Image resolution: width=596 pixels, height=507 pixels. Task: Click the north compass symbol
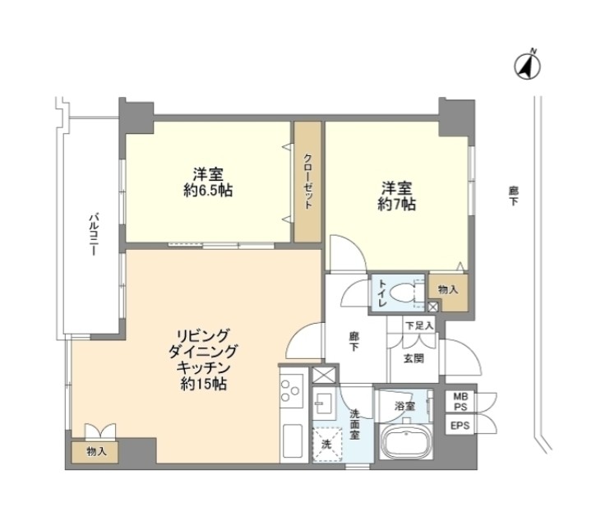528,66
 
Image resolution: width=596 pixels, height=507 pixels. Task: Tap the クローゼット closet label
308,182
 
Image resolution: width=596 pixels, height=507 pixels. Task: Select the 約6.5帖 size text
208,190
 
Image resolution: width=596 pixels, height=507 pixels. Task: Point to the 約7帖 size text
397,204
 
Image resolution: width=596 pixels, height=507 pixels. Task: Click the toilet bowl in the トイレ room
404,293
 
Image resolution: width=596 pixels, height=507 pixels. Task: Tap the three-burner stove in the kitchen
292,389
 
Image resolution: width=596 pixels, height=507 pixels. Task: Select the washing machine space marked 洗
326,445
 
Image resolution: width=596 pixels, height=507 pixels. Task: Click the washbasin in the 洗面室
324,404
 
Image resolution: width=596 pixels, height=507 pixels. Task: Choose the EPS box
460,426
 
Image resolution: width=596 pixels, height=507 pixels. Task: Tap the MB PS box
460,402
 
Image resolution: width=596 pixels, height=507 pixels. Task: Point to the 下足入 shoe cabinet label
419,325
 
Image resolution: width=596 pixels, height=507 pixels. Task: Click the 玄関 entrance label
414,358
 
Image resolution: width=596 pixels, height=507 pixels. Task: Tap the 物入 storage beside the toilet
449,290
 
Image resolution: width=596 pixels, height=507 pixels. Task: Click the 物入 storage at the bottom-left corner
95,451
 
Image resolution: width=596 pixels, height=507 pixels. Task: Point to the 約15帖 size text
204,385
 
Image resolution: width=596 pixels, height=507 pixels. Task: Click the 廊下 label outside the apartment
514,196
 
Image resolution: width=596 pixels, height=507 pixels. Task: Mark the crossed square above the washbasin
324,375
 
